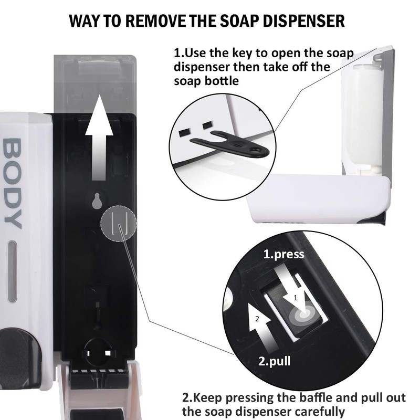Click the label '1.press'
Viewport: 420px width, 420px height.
(283, 255)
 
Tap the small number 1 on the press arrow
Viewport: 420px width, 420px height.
(295, 297)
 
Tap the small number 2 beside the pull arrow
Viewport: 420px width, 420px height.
(256, 319)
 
